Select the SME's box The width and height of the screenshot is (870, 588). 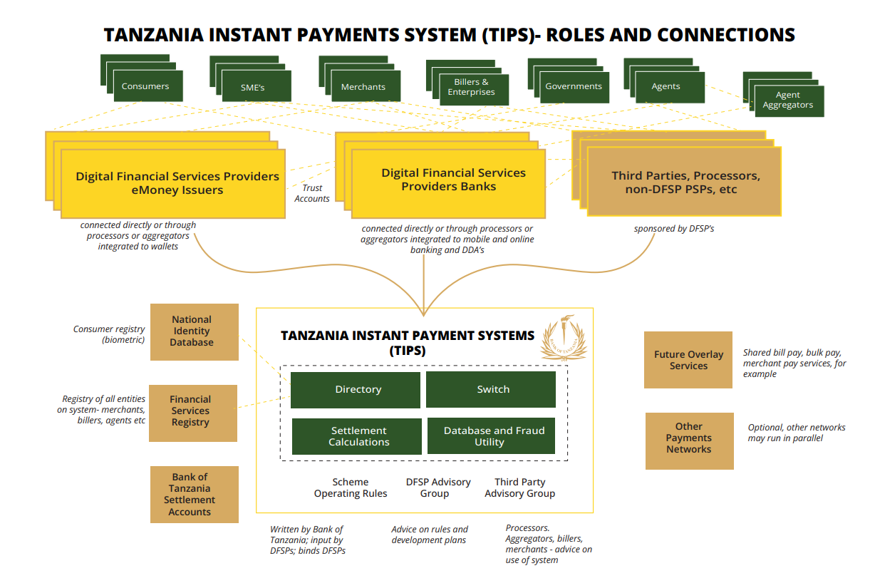click(253, 87)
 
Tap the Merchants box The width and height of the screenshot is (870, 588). click(363, 87)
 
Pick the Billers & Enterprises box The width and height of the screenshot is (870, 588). click(471, 88)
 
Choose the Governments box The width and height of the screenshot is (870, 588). click(574, 86)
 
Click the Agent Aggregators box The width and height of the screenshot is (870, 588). click(788, 100)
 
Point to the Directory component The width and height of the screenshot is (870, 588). click(356, 389)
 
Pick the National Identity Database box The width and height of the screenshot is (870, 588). click(192, 331)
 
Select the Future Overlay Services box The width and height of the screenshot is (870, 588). click(688, 360)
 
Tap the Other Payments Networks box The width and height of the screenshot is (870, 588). click(688, 438)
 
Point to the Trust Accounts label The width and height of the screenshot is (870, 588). click(312, 194)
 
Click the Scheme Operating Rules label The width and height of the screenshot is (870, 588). click(351, 488)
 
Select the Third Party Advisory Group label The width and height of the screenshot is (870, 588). click(519, 488)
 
